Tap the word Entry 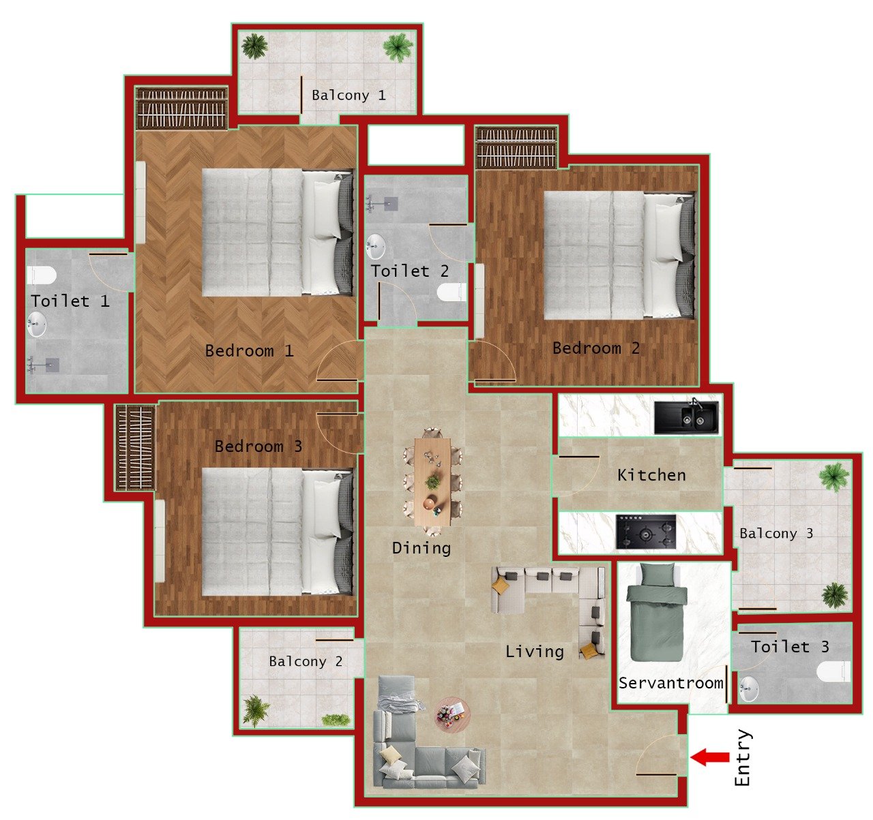coord(743,758)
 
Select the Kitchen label coord(651,475)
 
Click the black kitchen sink coord(686,417)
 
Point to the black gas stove coord(646,532)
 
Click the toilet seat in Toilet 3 coord(834,671)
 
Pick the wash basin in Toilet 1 coord(36,324)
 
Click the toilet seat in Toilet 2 coord(451,292)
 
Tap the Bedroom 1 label coord(249,351)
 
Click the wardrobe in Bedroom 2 coord(516,147)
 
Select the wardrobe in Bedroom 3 coord(134,447)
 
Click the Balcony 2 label coord(306,661)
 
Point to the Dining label coord(421,547)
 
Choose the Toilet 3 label coord(790,647)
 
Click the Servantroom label coord(670,683)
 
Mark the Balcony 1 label coord(349,95)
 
